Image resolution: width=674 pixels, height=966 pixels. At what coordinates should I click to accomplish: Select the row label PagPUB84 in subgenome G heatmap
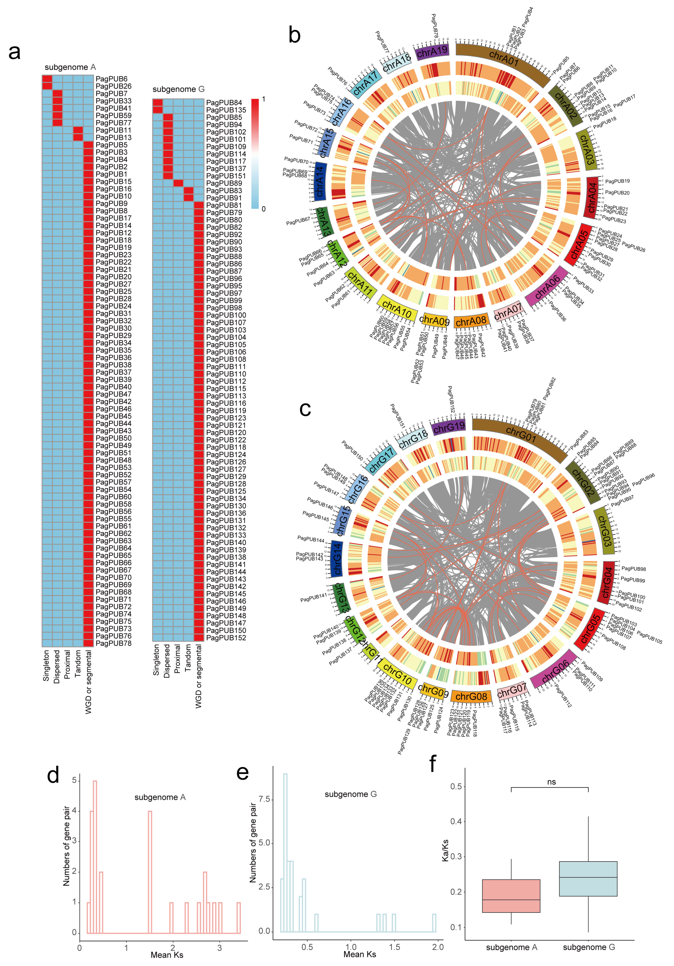click(224, 103)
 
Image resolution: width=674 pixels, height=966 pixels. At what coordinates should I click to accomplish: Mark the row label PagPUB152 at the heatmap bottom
click(226, 638)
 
